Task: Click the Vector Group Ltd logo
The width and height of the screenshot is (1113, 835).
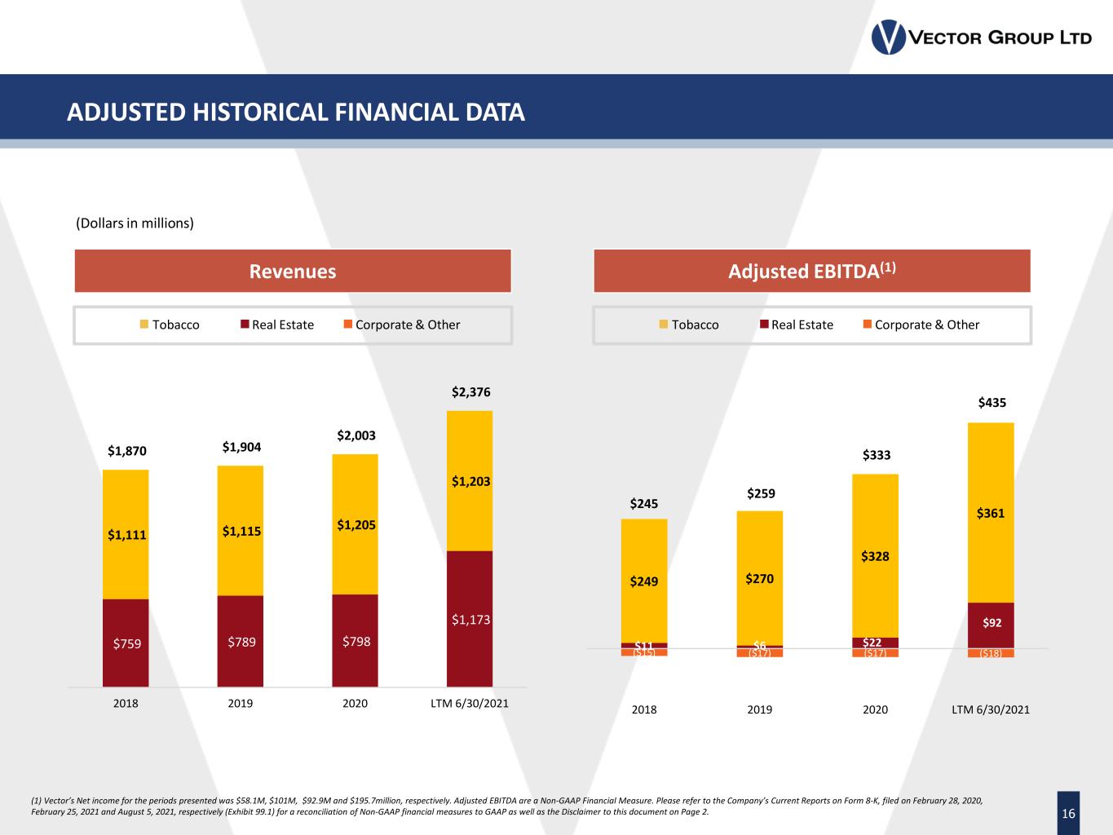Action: click(981, 38)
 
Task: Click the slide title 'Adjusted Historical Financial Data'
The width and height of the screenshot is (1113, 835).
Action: click(296, 112)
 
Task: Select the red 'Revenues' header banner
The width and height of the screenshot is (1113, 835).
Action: click(293, 272)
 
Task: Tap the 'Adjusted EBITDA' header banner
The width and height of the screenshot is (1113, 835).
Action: click(812, 272)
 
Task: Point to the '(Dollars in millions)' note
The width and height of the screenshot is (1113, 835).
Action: click(135, 223)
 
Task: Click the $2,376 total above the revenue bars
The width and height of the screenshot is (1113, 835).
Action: click(471, 392)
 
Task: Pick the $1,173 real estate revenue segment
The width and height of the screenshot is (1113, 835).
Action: click(470, 620)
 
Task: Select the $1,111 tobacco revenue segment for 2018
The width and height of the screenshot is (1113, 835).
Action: click(126, 535)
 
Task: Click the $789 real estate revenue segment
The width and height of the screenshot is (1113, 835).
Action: click(241, 642)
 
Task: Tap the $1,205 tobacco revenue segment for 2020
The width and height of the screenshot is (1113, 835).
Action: click(356, 524)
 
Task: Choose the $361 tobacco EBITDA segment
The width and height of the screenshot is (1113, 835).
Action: click(991, 513)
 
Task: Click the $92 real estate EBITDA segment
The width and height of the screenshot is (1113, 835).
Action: click(992, 623)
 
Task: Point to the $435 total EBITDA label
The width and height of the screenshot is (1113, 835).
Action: click(992, 402)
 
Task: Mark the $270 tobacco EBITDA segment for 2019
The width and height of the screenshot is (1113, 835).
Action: click(759, 579)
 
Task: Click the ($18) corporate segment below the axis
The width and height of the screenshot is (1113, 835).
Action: click(991, 653)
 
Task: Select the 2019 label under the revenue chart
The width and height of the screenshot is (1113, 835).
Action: click(241, 703)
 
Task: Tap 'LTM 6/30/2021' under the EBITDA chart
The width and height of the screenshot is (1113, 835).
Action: click(991, 709)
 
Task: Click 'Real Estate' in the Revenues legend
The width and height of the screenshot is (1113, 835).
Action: click(282, 325)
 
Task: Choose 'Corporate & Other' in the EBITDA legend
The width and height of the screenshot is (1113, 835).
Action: click(926, 325)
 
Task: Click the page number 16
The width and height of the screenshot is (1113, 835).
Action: click(1068, 813)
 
